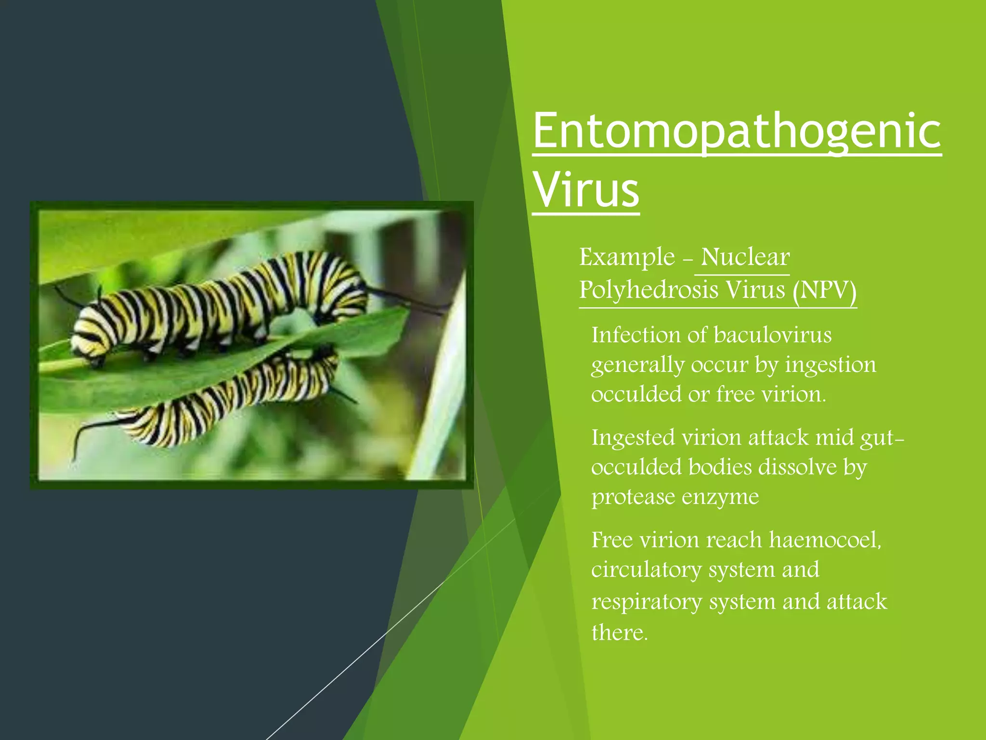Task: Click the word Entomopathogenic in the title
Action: pos(737,131)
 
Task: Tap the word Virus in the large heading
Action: pos(586,190)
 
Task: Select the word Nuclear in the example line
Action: pos(745,257)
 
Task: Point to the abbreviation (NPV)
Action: pos(824,290)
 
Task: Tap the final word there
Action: pos(619,632)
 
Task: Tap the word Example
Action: pos(627,257)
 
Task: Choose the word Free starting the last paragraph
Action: pos(611,540)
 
